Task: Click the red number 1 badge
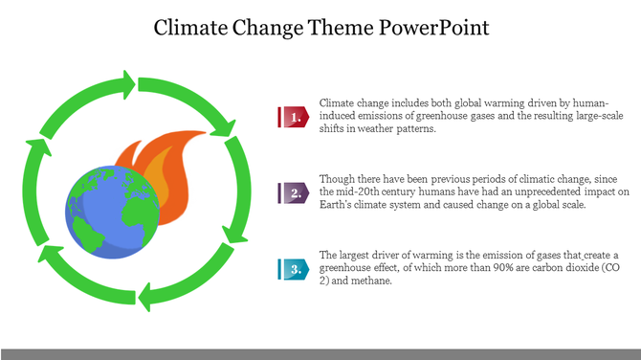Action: (x=295, y=117)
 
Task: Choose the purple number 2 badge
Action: (x=295, y=192)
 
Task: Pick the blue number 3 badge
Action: (x=295, y=269)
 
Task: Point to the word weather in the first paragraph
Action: (x=375, y=129)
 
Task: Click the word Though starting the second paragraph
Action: (x=337, y=179)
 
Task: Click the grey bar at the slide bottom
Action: (x=320, y=353)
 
